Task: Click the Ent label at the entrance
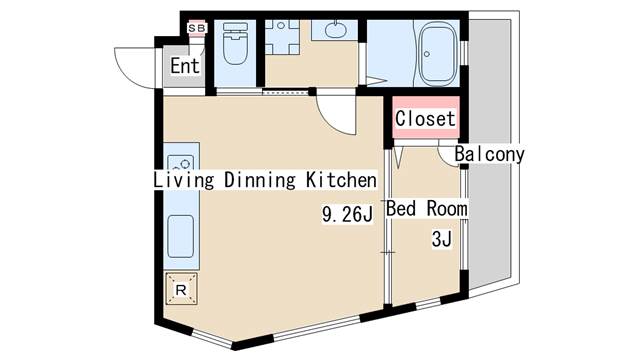tap(185, 67)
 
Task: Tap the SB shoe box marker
tap(196, 28)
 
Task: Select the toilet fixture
tap(235, 45)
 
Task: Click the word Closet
tap(425, 119)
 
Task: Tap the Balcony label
tap(489, 155)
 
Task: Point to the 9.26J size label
tap(346, 213)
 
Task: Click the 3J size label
tap(441, 239)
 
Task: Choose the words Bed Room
tap(427, 209)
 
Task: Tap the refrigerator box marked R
tap(181, 289)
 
